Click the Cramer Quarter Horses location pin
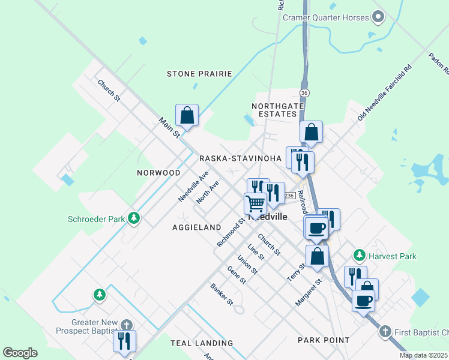click(378, 17)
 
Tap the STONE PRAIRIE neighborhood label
click(199, 74)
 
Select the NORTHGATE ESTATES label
click(274, 110)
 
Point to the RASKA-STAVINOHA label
click(240, 158)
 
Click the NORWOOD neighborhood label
click(158, 173)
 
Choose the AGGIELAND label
click(197, 227)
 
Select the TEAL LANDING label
click(202, 343)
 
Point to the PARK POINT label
click(324, 340)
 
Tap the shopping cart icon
click(256, 203)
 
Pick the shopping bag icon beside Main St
click(187, 115)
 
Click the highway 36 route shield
click(305, 93)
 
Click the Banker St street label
click(221, 295)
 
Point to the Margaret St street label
click(309, 292)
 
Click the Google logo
click(20, 353)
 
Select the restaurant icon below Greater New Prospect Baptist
click(124, 341)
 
